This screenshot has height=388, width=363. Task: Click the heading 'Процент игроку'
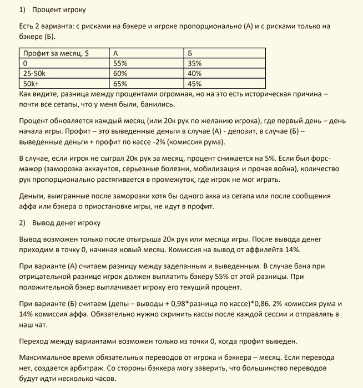(x=58, y=10)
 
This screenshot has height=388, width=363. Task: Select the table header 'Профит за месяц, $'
(x=56, y=53)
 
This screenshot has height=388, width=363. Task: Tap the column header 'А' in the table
(x=115, y=53)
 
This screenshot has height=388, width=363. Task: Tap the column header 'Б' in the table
(x=190, y=53)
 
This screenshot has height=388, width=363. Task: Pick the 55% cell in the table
(x=120, y=63)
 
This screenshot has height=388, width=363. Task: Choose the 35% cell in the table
(x=195, y=63)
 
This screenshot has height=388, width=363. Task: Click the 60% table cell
(x=120, y=74)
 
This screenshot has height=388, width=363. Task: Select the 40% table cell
(x=195, y=74)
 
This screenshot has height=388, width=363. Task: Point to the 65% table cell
(x=120, y=84)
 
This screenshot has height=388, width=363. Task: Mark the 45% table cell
(x=195, y=84)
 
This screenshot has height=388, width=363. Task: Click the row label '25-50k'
(x=34, y=74)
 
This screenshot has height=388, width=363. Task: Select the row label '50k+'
(x=32, y=84)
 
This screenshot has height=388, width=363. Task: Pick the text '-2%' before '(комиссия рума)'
(x=158, y=142)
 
